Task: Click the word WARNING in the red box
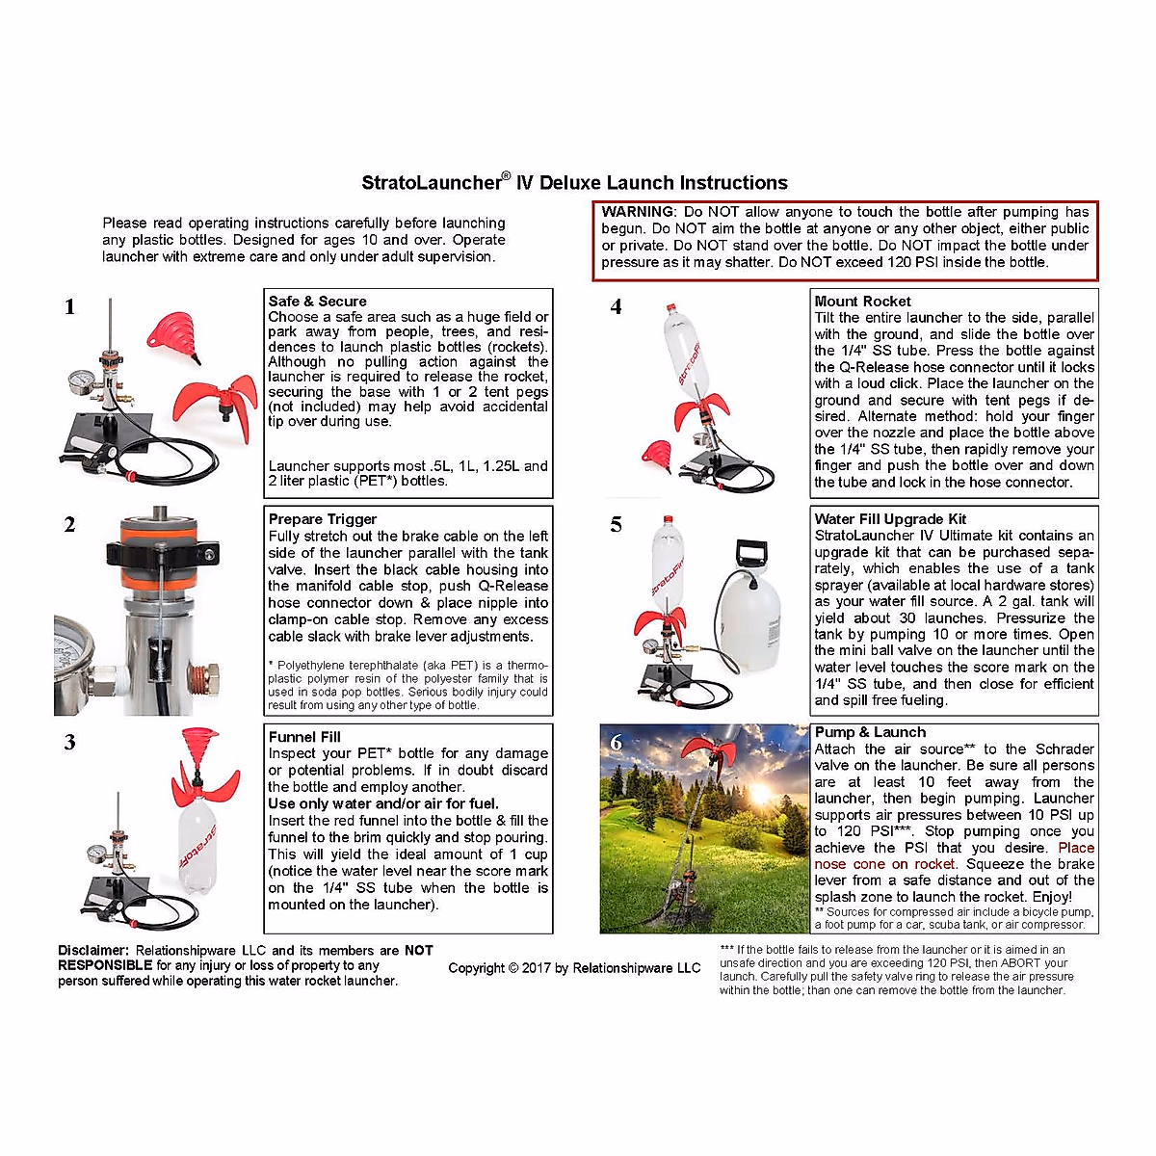pos(638,212)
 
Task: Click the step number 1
pos(69,307)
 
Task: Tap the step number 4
pos(617,307)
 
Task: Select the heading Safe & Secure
pos(317,302)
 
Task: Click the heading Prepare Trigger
pos(322,519)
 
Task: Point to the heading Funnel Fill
pos(304,737)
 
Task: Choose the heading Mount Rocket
pos(862,302)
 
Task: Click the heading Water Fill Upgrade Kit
pos(890,519)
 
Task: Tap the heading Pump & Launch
pos(870,733)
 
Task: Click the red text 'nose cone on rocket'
pos(884,864)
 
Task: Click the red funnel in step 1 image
pos(173,332)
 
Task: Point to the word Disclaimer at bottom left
pos(92,951)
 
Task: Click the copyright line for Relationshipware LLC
pos(574,968)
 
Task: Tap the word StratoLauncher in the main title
pos(431,183)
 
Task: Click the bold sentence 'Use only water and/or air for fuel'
pos(383,803)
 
